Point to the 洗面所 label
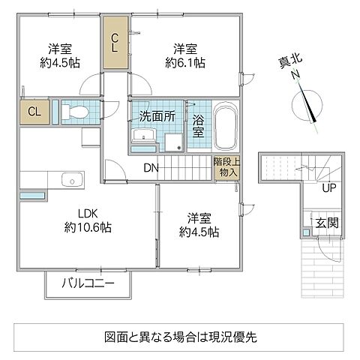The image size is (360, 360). click(x=155, y=116)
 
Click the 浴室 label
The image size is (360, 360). click(x=198, y=125)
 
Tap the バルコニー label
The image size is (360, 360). click(x=88, y=285)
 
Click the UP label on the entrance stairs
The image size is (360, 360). click(x=328, y=187)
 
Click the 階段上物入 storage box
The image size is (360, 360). click(x=225, y=166)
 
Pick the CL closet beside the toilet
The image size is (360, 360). click(x=34, y=112)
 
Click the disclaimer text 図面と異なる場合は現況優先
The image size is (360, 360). click(x=180, y=335)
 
